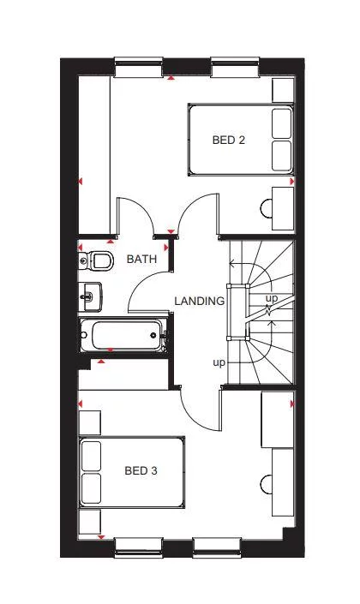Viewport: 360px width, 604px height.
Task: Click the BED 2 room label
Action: [x=229, y=140]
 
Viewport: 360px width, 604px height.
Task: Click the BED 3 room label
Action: [x=141, y=470]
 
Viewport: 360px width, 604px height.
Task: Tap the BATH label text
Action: [x=141, y=258]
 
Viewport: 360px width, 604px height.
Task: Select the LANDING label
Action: [x=199, y=302]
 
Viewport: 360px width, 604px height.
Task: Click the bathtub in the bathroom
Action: [x=122, y=335]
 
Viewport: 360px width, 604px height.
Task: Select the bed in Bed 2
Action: [x=240, y=140]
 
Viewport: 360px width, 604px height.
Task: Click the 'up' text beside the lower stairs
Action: [x=219, y=362]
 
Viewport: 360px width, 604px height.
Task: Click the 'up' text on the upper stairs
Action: [x=271, y=298]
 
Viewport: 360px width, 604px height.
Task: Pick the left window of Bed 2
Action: [x=140, y=61]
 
